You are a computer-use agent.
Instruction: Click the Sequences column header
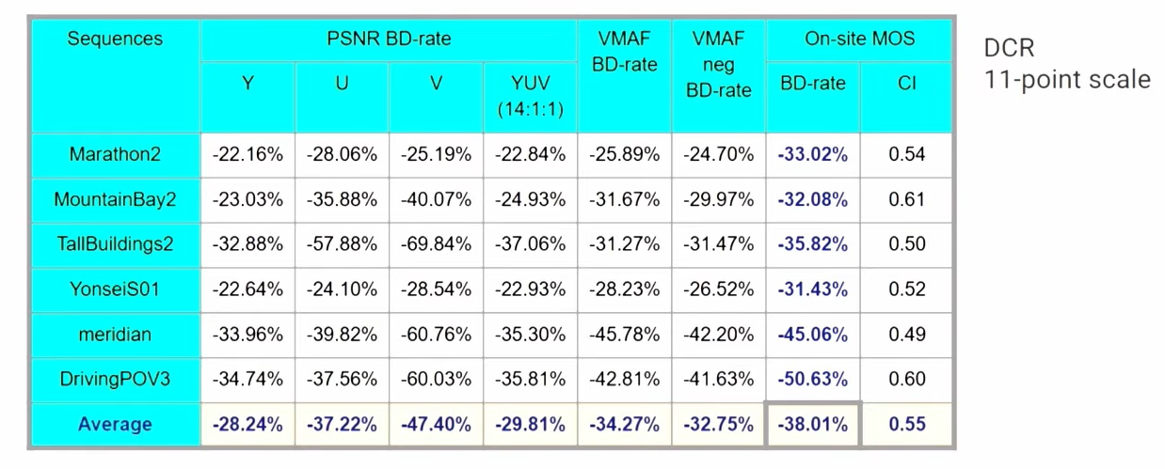click(x=115, y=39)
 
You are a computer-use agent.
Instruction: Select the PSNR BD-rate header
click(x=389, y=39)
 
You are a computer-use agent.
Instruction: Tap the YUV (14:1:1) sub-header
click(x=530, y=97)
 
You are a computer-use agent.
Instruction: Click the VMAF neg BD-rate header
click(x=718, y=65)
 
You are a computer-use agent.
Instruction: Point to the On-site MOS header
click(x=859, y=39)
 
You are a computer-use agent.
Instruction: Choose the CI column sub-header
click(x=906, y=84)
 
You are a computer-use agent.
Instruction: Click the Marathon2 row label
click(x=115, y=154)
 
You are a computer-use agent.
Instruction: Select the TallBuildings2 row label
click(x=115, y=244)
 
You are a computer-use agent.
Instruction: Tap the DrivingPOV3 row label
click(x=115, y=379)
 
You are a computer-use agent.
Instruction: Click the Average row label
click(x=115, y=424)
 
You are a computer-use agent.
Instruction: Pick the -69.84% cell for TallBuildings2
click(x=436, y=244)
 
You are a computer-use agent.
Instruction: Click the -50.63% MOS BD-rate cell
click(x=812, y=379)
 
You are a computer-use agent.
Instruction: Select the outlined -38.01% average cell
click(x=812, y=424)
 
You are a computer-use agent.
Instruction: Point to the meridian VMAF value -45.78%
click(x=624, y=334)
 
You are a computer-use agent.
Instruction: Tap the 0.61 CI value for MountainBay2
click(x=906, y=199)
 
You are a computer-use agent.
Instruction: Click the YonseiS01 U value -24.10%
click(x=342, y=289)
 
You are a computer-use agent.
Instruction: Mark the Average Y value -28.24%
click(x=248, y=424)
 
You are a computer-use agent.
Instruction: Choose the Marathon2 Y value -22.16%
click(x=248, y=154)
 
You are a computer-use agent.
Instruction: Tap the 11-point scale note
click(x=1067, y=80)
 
